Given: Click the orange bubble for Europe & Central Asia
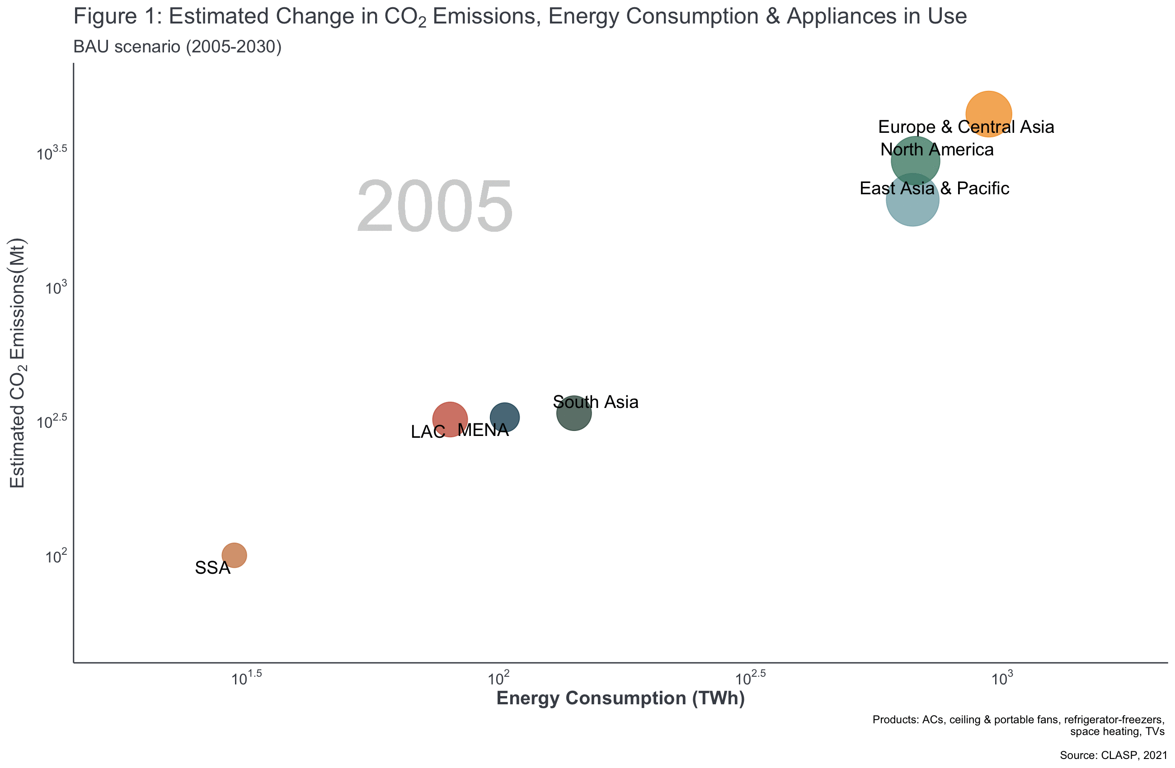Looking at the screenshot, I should (988, 113).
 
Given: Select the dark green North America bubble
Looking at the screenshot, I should (915, 161).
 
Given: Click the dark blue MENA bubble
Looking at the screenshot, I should (504, 417).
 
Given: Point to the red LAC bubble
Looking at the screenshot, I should (450, 419).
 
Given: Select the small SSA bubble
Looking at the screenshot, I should (234, 555).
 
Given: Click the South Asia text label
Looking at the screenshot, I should (595, 402).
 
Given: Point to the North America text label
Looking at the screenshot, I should (936, 150).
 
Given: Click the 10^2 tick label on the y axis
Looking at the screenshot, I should (56, 557).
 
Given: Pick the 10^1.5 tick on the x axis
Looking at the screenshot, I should (246, 678).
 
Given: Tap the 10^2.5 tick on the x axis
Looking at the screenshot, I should (750, 678).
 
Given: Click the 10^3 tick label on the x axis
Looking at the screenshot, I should (1002, 678).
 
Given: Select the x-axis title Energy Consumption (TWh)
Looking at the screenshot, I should (620, 698).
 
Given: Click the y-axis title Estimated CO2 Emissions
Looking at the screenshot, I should (17, 363).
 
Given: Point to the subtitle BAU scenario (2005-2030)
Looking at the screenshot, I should (177, 47).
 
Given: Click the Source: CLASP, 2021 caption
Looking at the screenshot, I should (1113, 755).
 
